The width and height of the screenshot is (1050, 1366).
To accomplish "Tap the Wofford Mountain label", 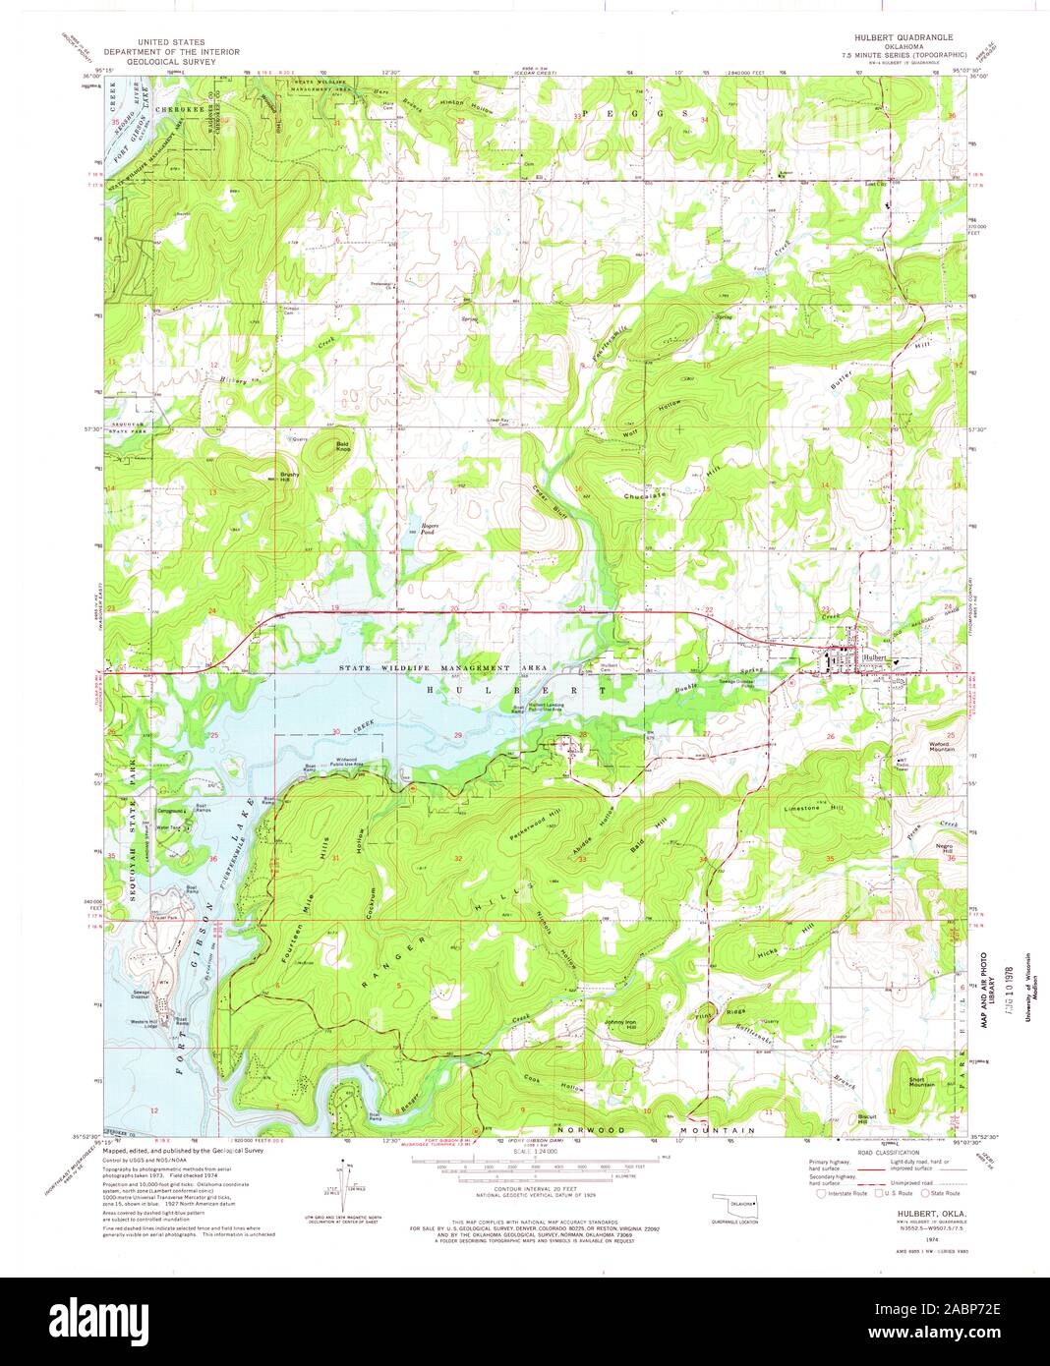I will point(917,746).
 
